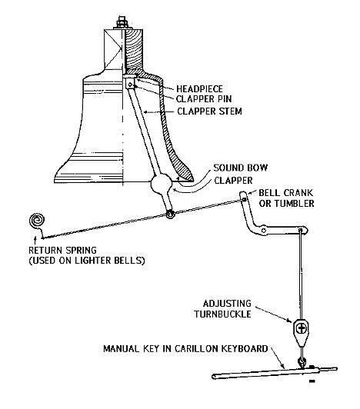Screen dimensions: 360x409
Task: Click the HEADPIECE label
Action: pyautogui.click(x=199, y=88)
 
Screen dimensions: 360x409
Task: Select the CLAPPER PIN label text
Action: pyautogui.click(x=204, y=99)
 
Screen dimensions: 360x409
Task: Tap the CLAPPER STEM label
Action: pyautogui.click(x=209, y=111)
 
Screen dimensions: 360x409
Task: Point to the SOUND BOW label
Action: pyautogui.click(x=241, y=168)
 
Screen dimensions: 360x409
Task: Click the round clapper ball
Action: pyautogui.click(x=162, y=184)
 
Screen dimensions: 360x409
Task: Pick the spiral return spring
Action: pyautogui.click(x=37, y=221)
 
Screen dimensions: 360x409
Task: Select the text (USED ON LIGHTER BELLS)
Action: pyautogui.click(x=87, y=261)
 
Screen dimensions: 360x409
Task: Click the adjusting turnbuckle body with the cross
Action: pyautogui.click(x=302, y=328)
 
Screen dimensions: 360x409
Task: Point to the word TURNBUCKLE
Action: pyautogui.click(x=222, y=314)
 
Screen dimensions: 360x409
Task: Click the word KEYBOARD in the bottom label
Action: pyautogui.click(x=245, y=349)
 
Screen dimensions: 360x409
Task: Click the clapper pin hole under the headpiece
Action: pyautogui.click(x=130, y=85)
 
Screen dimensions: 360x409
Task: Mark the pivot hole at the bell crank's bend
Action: pyautogui.click(x=264, y=231)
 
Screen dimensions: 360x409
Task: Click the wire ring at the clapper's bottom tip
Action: pyautogui.click(x=170, y=214)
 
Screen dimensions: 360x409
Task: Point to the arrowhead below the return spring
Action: pyautogui.click(x=35, y=238)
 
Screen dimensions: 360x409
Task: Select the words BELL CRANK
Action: pyautogui.click(x=285, y=193)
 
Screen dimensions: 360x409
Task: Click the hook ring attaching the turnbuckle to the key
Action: pyautogui.click(x=302, y=362)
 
